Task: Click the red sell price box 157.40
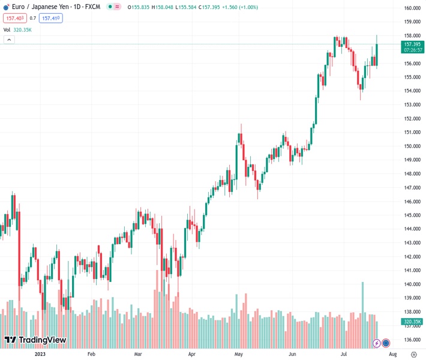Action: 14,18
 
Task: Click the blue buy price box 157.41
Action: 51,18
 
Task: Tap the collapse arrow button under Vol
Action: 9,40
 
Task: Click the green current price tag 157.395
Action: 412,44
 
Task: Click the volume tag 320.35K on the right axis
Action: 412,322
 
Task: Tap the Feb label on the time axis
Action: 91,355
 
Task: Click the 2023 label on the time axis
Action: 40,355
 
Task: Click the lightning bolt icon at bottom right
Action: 377,343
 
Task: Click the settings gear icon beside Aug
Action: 413,355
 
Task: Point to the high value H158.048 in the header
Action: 163,7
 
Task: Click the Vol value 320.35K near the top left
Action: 22,29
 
